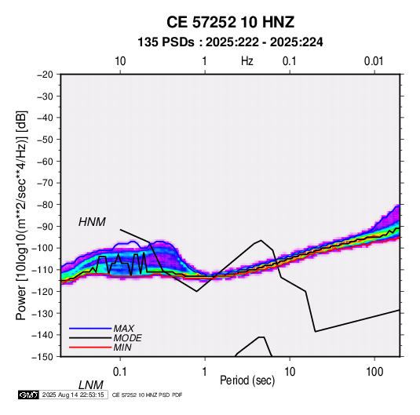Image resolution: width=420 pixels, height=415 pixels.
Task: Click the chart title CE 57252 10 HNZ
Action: point(230,22)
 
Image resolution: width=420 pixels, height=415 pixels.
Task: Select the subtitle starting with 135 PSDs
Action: point(230,42)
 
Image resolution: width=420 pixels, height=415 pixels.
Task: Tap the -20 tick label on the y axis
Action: point(45,75)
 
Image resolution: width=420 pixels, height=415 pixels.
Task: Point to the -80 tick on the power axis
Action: point(45,205)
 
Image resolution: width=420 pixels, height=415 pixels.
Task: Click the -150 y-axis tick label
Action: point(43,357)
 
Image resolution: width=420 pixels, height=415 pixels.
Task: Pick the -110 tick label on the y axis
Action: point(43,270)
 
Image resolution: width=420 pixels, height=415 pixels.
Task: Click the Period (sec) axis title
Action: point(247,380)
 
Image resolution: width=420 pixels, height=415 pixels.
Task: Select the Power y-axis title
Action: point(22,215)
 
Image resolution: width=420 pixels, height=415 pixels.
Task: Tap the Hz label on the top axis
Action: point(247,61)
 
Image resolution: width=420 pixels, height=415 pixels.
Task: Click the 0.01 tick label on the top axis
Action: point(374,61)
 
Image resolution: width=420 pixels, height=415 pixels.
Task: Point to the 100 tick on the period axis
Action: point(374,372)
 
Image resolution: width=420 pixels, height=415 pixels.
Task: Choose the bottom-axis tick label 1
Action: point(204,372)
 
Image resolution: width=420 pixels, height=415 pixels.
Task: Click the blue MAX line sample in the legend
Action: point(90,328)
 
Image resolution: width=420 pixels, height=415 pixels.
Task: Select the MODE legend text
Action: point(127,338)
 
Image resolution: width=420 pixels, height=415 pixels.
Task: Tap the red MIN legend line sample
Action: point(90,348)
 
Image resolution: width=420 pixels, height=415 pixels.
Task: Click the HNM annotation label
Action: point(92,222)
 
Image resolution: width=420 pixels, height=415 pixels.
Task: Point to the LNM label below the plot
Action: point(91,385)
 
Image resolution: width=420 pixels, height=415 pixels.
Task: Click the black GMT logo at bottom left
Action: point(29,395)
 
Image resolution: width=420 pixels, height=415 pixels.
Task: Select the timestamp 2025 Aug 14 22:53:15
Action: point(73,395)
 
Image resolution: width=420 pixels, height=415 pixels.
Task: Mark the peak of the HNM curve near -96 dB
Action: point(261,240)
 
